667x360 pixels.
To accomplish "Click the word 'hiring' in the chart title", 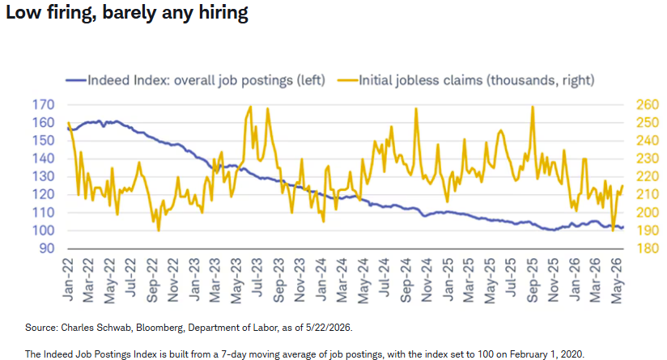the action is click(223, 13).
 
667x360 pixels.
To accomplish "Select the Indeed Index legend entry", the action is click(196, 80).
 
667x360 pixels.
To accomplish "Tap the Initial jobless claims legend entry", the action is click(466, 80).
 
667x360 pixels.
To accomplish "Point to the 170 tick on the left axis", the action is click(44, 104).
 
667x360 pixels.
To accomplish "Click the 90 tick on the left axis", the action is click(47, 248).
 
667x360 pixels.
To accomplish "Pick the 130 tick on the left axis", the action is click(44, 176).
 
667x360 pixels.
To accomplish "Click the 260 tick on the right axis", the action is click(648, 104).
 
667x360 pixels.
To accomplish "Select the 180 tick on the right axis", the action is click(648, 248).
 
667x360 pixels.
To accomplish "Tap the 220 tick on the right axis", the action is click(648, 176).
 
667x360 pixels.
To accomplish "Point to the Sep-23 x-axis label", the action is click(278, 280).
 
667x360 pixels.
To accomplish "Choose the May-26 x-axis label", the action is click(617, 281).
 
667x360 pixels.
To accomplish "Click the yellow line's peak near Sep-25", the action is click(533, 106).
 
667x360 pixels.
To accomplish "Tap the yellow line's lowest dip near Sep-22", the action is click(159, 231).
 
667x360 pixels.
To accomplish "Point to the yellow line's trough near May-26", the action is click(613, 231).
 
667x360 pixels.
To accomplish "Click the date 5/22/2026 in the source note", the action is click(329, 328).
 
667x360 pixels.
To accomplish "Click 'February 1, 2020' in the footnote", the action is click(547, 354).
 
